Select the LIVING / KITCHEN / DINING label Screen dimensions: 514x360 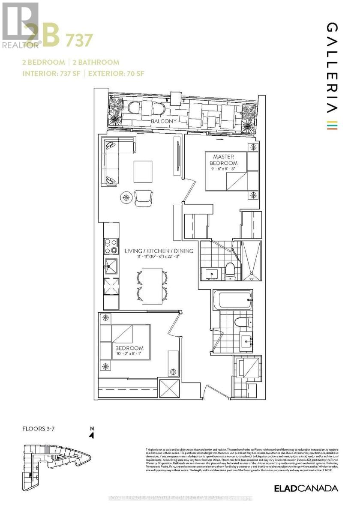coord(159,251)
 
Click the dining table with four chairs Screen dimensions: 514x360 coord(152,284)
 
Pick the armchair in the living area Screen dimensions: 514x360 coord(143,197)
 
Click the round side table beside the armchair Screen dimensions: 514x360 coord(126,197)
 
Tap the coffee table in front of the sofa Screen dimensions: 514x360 coord(143,170)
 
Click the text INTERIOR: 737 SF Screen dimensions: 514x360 coord(51,73)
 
